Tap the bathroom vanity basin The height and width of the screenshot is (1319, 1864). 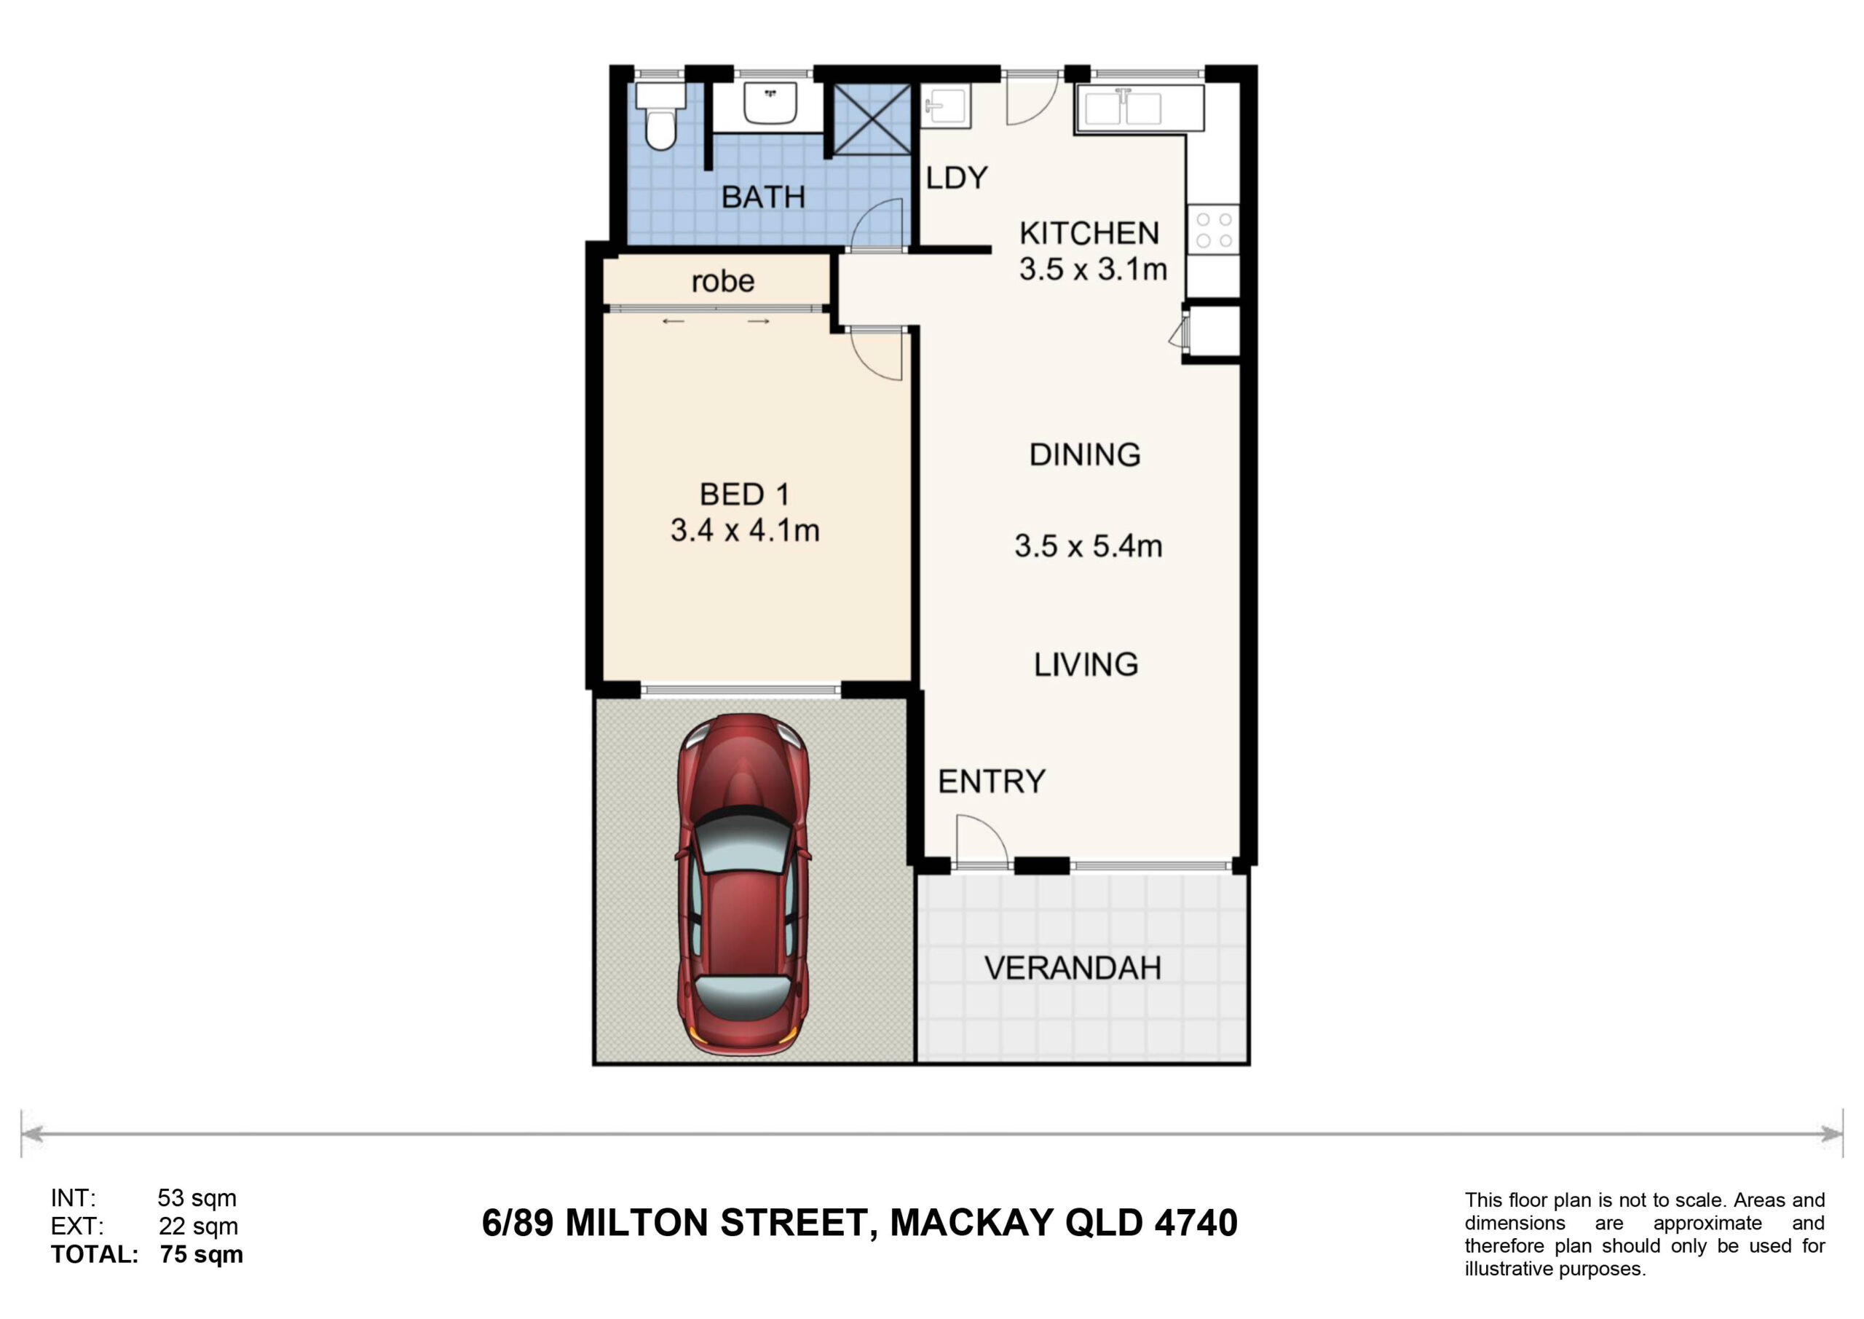[770, 103]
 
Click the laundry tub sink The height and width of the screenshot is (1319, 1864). [946, 106]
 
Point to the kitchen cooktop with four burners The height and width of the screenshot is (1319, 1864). [1214, 230]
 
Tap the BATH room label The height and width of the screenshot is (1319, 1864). [763, 197]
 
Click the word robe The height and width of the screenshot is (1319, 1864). [722, 281]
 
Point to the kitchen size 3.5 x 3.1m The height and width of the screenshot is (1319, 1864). [1094, 269]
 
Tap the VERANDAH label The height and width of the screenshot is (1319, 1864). [1073, 968]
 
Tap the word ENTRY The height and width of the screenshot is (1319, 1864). [991, 781]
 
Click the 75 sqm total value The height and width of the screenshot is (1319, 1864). [202, 1254]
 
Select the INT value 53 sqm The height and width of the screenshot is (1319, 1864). [197, 1198]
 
